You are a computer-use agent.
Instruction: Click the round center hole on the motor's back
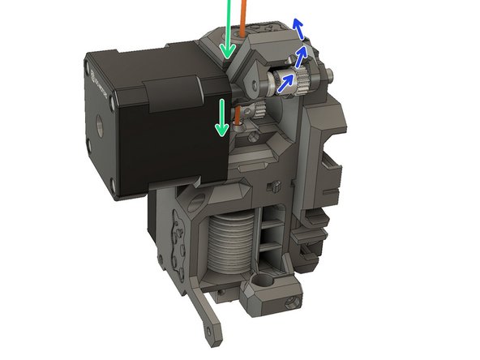click(x=100, y=126)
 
